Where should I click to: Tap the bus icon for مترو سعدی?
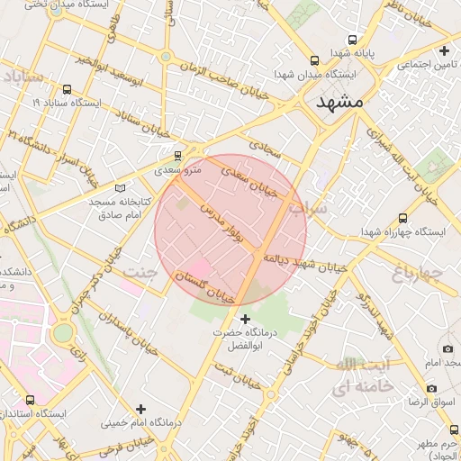pos(178,156)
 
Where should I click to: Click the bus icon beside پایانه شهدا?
pos(353,39)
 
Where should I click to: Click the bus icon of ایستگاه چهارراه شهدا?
pos(402,218)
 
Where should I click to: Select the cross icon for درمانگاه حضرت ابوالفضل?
pos(246,319)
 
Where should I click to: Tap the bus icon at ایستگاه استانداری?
pos(31,399)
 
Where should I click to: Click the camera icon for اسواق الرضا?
pos(432,389)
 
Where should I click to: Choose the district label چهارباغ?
pos(420,270)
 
